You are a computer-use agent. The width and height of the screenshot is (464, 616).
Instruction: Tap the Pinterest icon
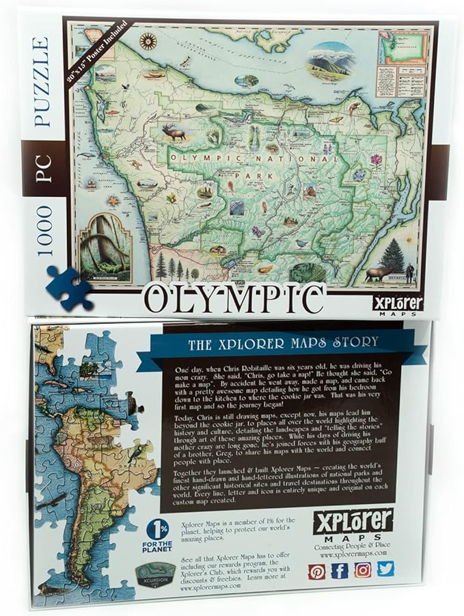tap(316, 571)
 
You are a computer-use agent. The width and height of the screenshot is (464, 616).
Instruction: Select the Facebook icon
tap(340, 570)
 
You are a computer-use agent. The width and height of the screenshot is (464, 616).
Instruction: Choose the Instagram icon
tap(363, 570)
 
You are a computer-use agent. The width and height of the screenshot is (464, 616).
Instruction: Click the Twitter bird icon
tap(385, 568)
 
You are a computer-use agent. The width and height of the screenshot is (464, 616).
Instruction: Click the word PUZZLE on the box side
tap(42, 83)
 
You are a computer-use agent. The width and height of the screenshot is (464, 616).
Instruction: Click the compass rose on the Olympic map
tap(148, 42)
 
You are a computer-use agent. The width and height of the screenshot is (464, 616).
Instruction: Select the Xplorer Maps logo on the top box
tap(398, 302)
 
